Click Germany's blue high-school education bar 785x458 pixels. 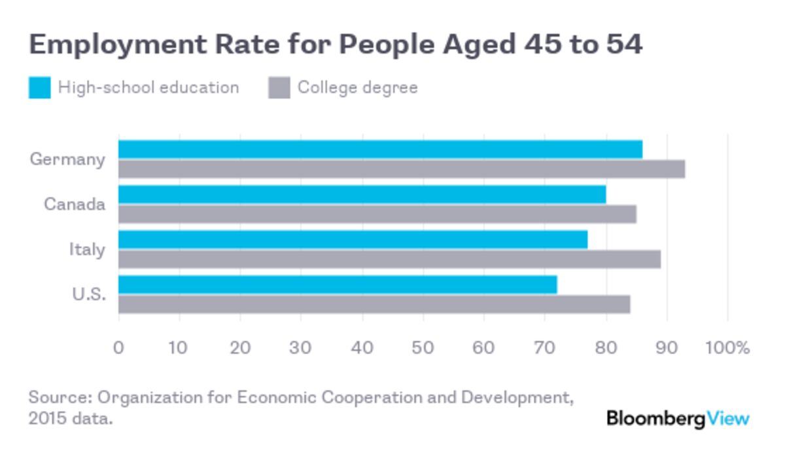point(380,149)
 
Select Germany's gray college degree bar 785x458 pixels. point(402,169)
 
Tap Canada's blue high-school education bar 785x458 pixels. point(362,194)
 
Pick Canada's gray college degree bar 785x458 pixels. point(377,214)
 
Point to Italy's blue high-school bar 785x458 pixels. point(353,239)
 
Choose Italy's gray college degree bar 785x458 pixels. point(389,259)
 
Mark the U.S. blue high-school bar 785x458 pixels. point(338,285)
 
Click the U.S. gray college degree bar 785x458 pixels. point(374,304)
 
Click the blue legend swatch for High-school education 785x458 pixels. point(39,88)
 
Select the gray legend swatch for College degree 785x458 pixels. point(279,88)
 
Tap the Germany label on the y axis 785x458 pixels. point(67,160)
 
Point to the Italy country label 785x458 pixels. point(87,249)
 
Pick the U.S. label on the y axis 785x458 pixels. point(88,294)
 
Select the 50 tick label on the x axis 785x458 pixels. point(423,347)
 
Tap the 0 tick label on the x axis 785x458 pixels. point(118,347)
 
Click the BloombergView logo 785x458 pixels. point(677,418)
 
